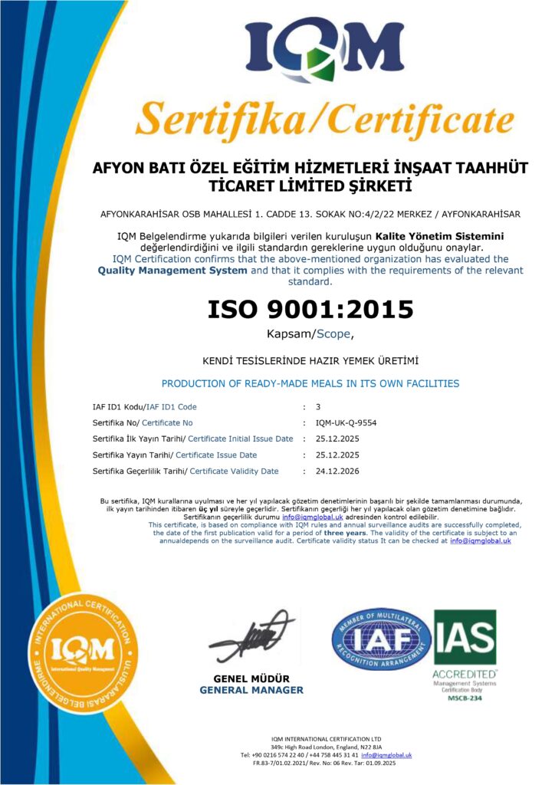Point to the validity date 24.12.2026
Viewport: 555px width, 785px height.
pos(337,471)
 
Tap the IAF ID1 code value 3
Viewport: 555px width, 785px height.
pos(318,406)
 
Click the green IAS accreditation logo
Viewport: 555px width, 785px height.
pos(464,636)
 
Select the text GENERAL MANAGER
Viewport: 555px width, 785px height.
pos(251,690)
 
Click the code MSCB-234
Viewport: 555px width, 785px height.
pos(463,698)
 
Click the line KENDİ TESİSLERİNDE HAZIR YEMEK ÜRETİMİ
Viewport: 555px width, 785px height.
pos(310,360)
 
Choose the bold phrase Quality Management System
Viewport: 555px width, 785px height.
pos(172,270)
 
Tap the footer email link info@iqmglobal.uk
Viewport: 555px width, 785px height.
pos(386,755)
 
